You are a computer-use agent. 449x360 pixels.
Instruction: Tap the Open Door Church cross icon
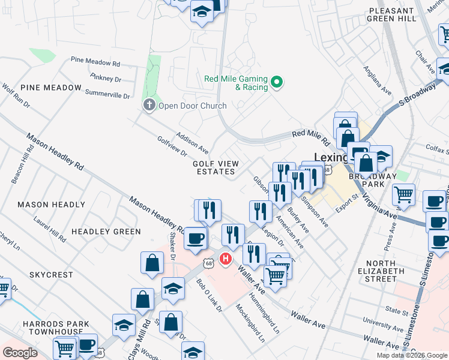149,106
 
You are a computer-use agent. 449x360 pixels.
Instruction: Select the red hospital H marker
226,259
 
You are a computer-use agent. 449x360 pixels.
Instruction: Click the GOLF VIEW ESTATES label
215,167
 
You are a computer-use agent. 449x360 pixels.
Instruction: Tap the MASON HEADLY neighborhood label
51,205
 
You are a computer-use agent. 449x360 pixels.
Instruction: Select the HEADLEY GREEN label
106,232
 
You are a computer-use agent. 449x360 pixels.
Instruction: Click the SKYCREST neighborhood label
51,275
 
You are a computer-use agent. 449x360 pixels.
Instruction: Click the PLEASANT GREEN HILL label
393,15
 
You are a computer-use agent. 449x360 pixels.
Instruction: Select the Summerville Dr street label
107,94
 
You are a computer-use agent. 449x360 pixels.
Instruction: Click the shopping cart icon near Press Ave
404,194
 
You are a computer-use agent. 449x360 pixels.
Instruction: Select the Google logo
20,353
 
